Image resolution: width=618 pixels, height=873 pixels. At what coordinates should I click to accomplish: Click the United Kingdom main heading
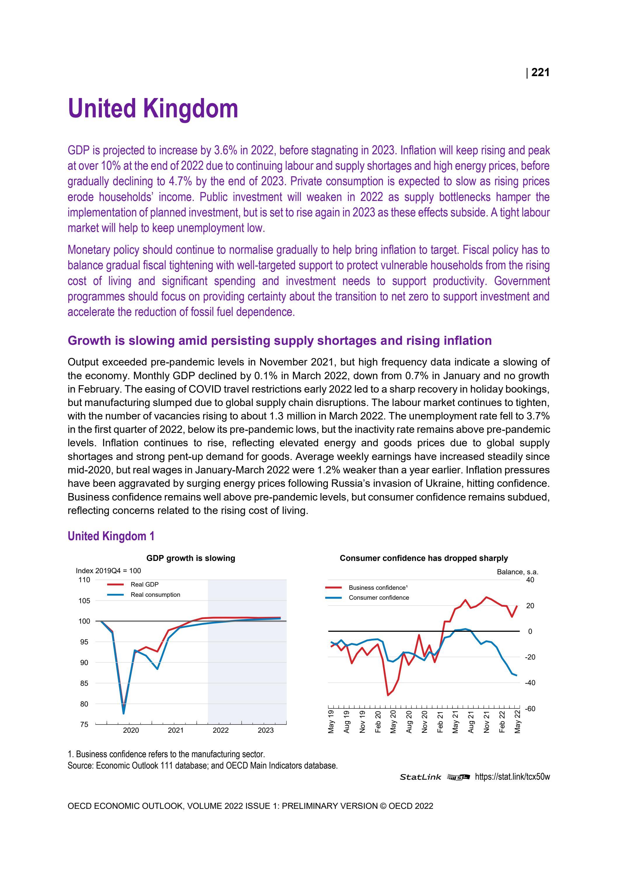coord(153,109)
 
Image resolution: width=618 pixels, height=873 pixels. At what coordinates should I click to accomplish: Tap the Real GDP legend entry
coord(144,585)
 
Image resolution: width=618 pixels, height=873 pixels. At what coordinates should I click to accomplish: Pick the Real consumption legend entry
coord(155,595)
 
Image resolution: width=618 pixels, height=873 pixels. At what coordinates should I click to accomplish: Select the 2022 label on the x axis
coord(220,730)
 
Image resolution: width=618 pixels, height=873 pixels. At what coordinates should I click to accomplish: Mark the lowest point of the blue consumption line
coord(123,713)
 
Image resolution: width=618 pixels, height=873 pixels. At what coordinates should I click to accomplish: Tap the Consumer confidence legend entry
coord(379,597)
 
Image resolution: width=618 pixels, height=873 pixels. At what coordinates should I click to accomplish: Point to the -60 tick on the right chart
coord(530,709)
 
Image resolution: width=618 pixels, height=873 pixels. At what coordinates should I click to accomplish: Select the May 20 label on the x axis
coord(393,721)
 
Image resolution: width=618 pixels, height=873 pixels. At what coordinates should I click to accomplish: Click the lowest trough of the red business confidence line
coord(388,695)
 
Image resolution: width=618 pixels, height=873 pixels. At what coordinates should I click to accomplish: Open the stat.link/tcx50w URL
coord(512,777)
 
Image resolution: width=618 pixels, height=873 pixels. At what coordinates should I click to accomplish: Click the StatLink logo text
coord(420,777)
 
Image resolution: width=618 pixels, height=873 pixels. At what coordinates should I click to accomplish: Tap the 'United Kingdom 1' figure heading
coord(111,536)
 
